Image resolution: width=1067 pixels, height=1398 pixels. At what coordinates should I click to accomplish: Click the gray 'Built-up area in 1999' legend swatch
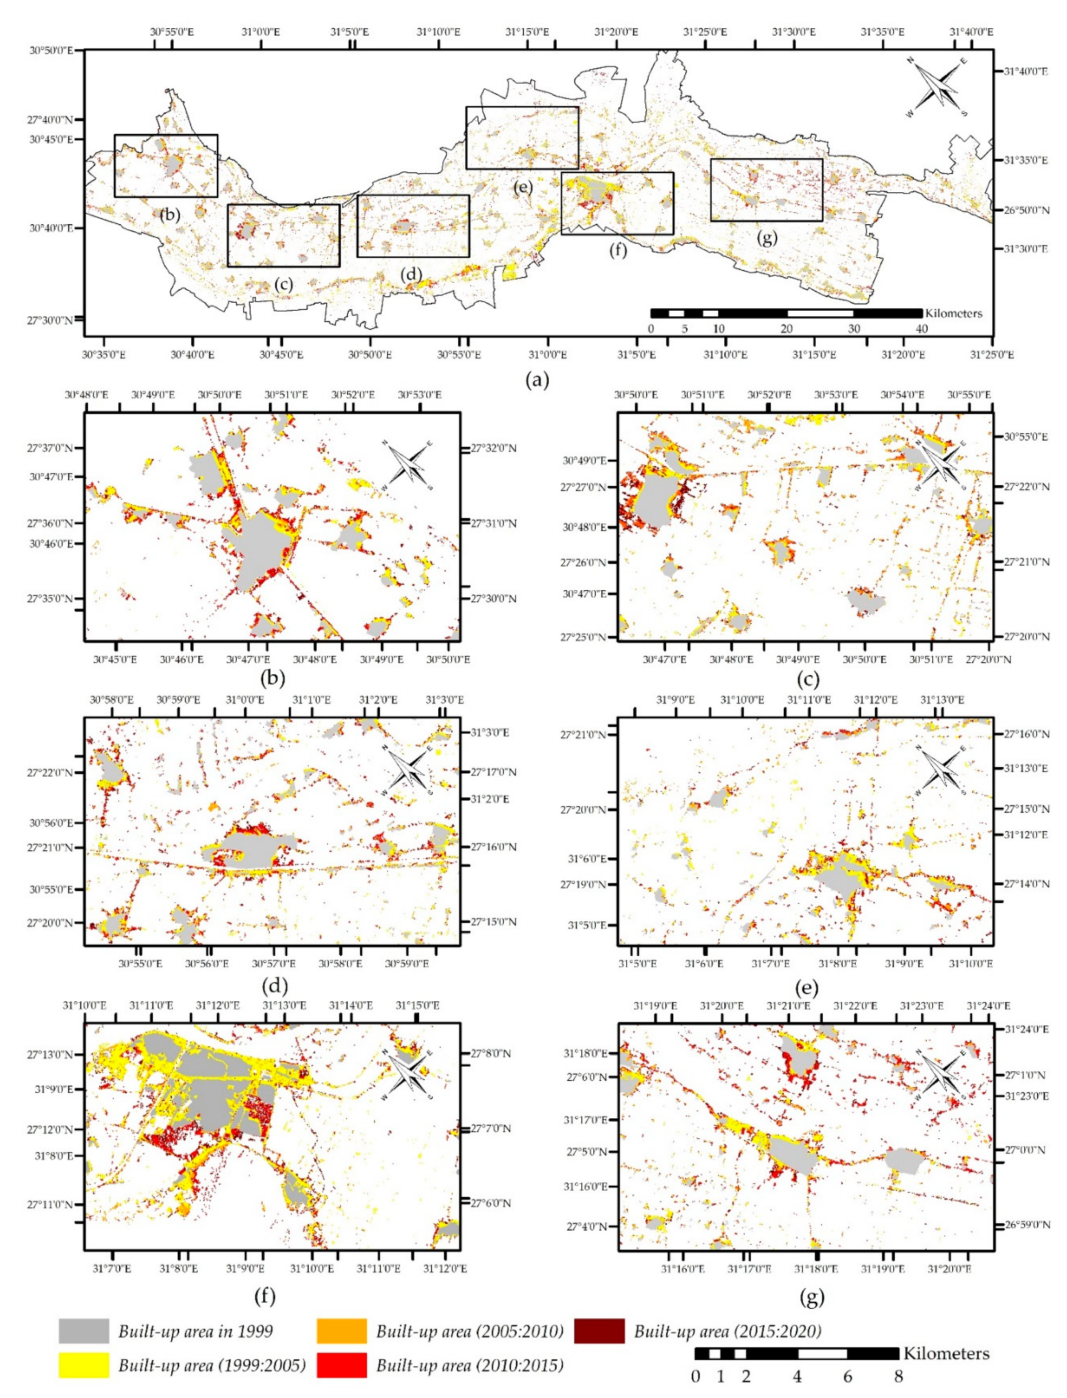click(x=84, y=1331)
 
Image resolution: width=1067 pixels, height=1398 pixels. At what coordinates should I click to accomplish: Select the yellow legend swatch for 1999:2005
click(x=84, y=1365)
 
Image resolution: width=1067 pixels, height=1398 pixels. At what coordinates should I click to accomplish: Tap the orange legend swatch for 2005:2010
click(x=342, y=1331)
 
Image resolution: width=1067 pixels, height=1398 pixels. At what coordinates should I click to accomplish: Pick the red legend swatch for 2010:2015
click(x=342, y=1365)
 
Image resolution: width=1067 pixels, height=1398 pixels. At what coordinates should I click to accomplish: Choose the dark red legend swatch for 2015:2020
click(x=599, y=1331)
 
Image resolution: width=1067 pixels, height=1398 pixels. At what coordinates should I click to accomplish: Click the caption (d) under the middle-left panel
click(x=275, y=986)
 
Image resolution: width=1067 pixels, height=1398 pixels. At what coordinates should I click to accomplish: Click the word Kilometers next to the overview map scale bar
click(x=953, y=313)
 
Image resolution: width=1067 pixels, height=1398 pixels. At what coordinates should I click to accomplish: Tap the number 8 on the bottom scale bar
click(x=898, y=1376)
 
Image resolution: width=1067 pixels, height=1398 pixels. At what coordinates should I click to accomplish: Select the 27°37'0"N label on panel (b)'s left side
click(x=49, y=448)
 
